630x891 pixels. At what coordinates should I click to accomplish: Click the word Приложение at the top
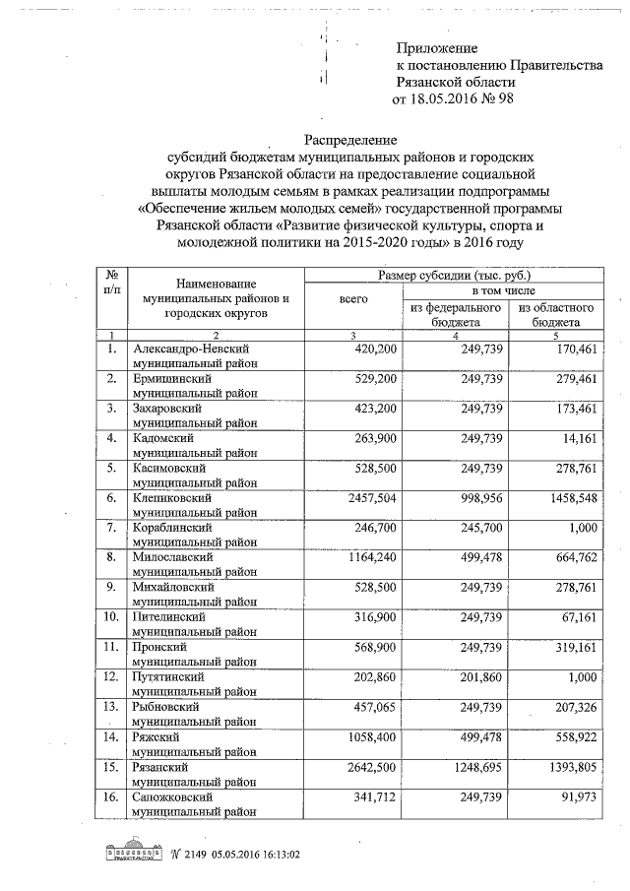[x=436, y=48]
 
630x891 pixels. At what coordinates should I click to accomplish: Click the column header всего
[x=354, y=297]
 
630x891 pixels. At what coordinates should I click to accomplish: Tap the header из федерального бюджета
[x=457, y=314]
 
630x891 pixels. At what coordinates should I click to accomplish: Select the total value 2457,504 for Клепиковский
[x=366, y=499]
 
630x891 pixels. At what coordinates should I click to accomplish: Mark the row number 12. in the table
[x=111, y=678]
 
